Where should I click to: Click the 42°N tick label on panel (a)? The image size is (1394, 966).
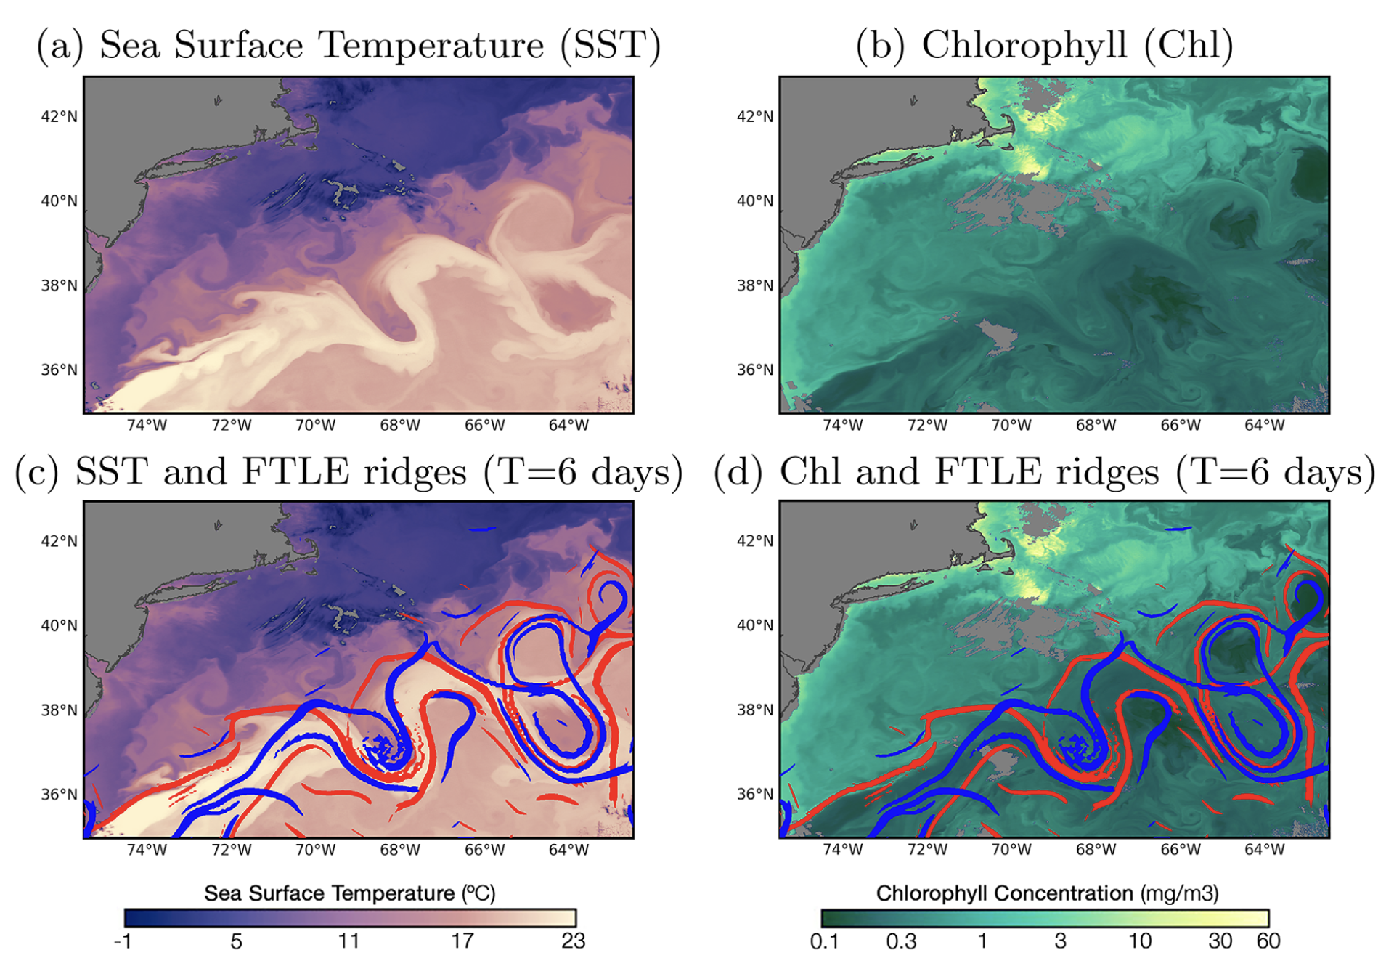pyautogui.click(x=59, y=116)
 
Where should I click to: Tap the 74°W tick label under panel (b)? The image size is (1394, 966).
pyautogui.click(x=842, y=425)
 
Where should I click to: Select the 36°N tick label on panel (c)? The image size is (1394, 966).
pyautogui.click(x=59, y=794)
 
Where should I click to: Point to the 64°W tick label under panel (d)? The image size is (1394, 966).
pyautogui.click(x=1264, y=849)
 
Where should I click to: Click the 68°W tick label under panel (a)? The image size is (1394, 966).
pyautogui.click(x=399, y=425)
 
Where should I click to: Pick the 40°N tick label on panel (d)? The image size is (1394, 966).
pyautogui.click(x=755, y=625)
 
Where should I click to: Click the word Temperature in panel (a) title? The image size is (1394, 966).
pyautogui.click(x=432, y=45)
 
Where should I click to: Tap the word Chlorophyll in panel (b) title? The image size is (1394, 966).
pyautogui.click(x=1024, y=45)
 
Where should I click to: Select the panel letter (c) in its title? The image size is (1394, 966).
pyautogui.click(x=37, y=471)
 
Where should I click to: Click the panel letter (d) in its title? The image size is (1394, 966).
pyautogui.click(x=738, y=471)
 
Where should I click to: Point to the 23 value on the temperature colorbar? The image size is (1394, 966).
pyautogui.click(x=573, y=941)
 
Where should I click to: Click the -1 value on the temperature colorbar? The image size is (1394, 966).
pyautogui.click(x=123, y=941)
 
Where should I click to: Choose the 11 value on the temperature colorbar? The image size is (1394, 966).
pyautogui.click(x=348, y=941)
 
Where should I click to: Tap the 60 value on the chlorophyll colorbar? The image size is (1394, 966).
pyautogui.click(x=1268, y=941)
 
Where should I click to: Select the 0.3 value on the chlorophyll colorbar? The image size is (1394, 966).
pyautogui.click(x=901, y=941)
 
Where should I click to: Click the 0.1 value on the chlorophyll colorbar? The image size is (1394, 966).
pyautogui.click(x=824, y=941)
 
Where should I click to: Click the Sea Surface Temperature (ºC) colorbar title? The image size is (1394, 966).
pyautogui.click(x=349, y=893)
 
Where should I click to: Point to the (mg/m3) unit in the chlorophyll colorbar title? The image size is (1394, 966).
pyautogui.click(x=1178, y=893)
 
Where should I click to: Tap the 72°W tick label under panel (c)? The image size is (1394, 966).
pyautogui.click(x=231, y=849)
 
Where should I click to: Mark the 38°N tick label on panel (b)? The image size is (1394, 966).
pyautogui.click(x=755, y=285)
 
